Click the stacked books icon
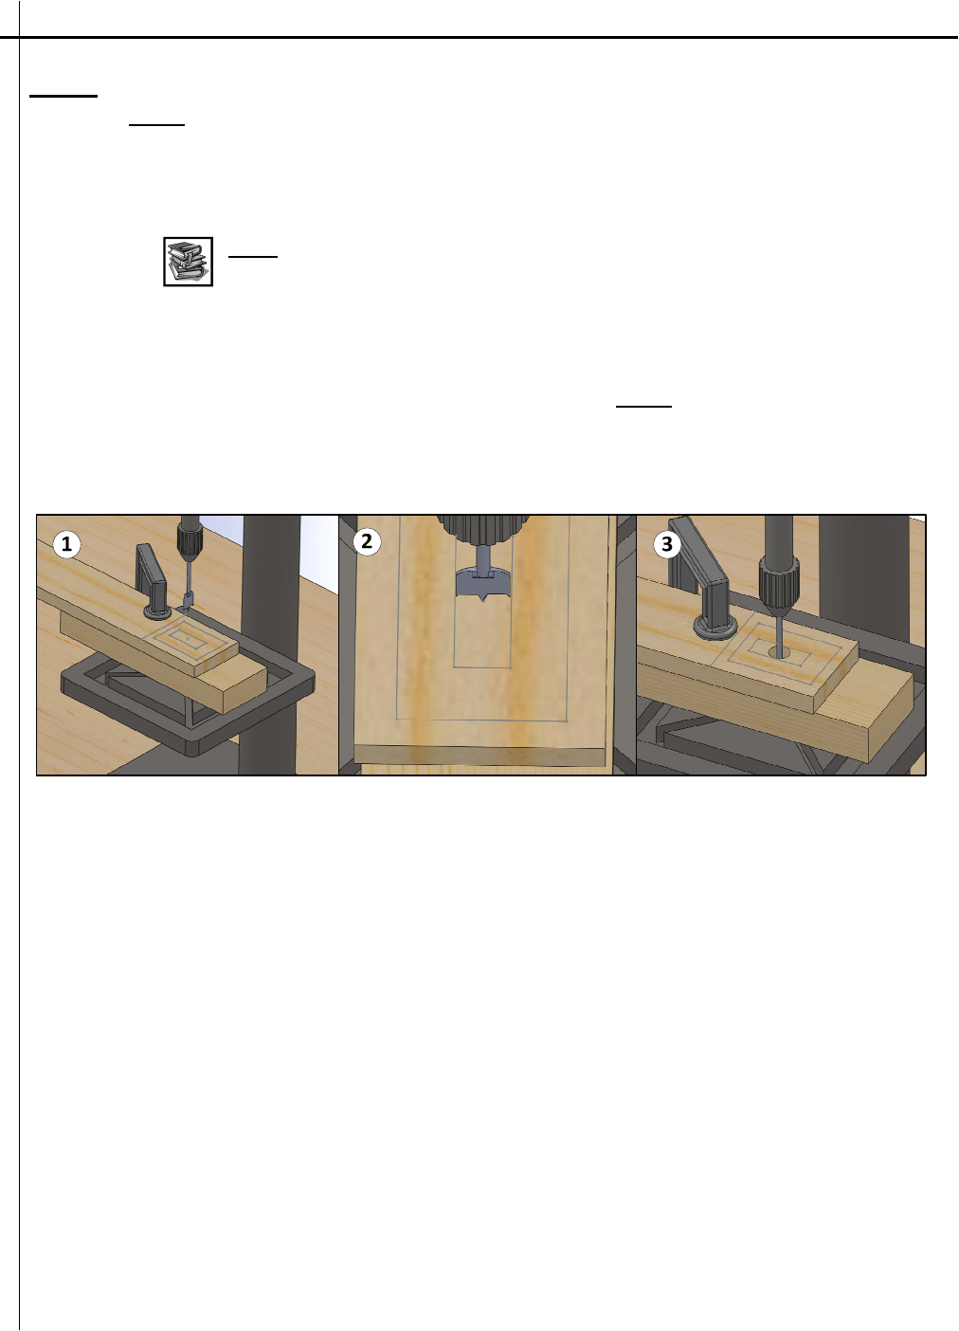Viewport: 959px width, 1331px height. (x=189, y=262)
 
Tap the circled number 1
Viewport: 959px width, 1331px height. (x=66, y=544)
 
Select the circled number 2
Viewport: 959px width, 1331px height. (x=367, y=541)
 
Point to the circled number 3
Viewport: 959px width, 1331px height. (x=667, y=544)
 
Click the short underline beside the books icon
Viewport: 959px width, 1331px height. (x=253, y=257)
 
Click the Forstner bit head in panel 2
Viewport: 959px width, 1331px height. (x=482, y=584)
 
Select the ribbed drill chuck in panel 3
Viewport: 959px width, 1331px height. (x=779, y=587)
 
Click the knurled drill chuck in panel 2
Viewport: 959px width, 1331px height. (x=482, y=529)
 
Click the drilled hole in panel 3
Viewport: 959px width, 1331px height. (x=779, y=652)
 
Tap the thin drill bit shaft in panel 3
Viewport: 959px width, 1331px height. (x=779, y=634)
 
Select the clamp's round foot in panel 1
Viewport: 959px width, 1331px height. (x=158, y=611)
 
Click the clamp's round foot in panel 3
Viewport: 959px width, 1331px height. (x=715, y=627)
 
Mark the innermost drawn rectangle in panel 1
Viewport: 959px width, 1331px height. (x=189, y=639)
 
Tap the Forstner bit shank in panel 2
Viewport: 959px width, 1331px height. (x=483, y=558)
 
